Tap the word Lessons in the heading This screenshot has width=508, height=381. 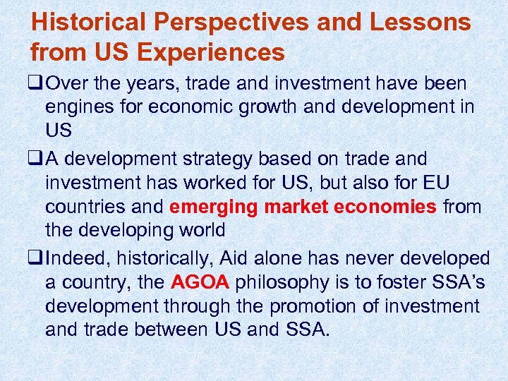(421, 22)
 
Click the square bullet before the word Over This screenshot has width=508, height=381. (36, 84)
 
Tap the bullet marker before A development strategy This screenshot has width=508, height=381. (36, 159)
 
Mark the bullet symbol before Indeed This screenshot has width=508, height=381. (36, 258)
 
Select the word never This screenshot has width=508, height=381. (392, 258)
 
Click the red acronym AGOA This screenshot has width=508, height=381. (200, 282)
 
